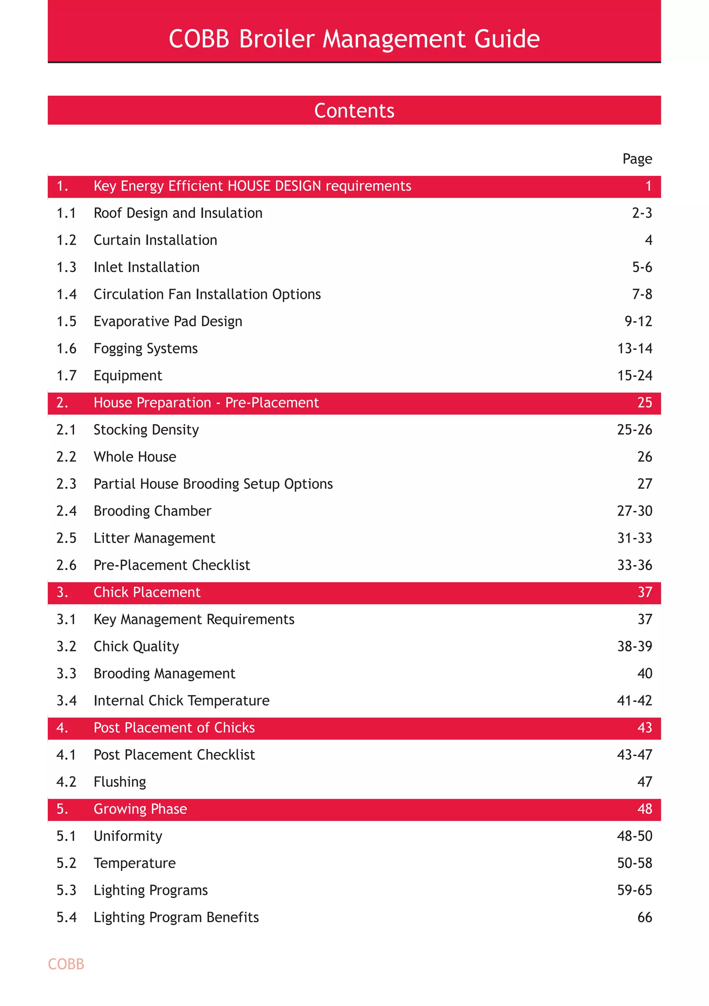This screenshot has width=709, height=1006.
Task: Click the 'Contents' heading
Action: [354, 110]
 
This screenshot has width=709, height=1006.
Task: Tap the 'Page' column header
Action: [637, 159]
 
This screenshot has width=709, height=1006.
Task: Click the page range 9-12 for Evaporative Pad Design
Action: [638, 321]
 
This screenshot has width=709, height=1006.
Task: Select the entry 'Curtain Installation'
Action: [155, 240]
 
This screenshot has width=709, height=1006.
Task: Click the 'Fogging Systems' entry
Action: [145, 348]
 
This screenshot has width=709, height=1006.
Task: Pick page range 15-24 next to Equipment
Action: [635, 376]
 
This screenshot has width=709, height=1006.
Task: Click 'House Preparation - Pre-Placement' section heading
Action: [206, 403]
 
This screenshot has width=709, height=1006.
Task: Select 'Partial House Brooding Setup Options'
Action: [213, 484]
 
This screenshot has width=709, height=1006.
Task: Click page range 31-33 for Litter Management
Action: [635, 538]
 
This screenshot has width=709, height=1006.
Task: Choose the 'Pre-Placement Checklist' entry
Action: [172, 565]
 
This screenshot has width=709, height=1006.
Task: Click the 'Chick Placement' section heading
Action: [147, 592]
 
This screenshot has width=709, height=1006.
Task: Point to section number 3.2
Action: [66, 646]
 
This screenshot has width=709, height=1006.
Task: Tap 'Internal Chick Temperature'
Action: [181, 701]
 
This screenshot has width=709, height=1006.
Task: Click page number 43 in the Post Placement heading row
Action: [645, 728]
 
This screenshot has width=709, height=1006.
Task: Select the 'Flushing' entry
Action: [120, 782]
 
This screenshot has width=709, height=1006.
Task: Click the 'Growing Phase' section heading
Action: [140, 809]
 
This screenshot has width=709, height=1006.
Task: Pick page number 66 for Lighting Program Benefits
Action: [645, 917]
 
